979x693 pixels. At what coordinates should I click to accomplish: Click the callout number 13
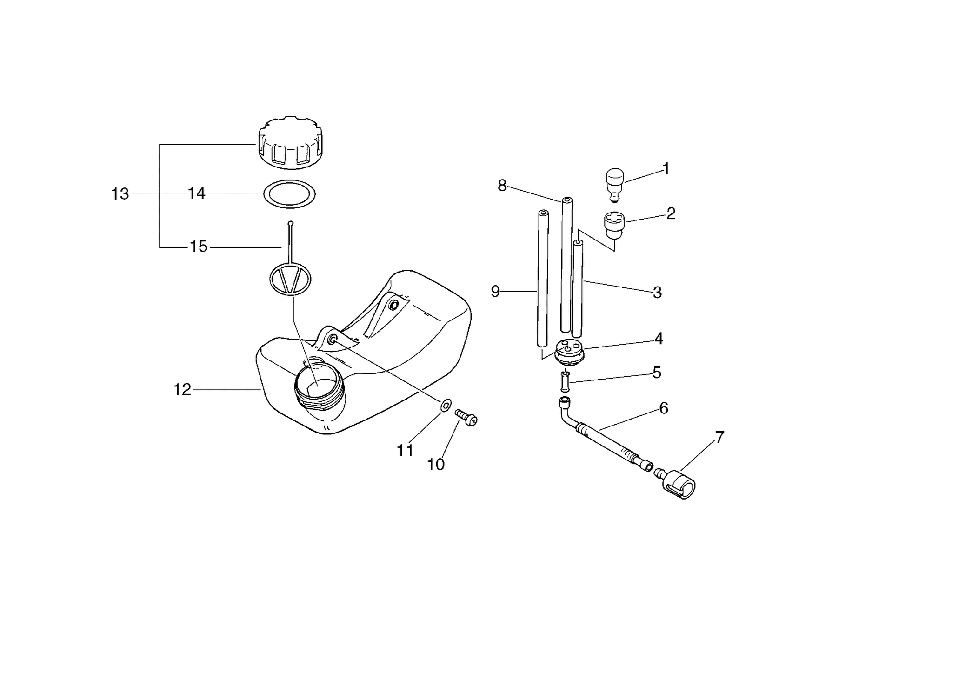(120, 194)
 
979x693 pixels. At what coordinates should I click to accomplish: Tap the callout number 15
(199, 247)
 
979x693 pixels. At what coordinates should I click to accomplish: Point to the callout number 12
(182, 390)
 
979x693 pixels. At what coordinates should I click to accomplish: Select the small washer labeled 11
(445, 405)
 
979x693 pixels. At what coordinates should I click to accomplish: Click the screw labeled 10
(466, 417)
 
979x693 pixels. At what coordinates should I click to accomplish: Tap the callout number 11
(405, 451)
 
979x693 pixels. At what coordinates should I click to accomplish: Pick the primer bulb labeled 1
(615, 185)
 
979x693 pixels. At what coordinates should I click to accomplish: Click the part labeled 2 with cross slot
(614, 225)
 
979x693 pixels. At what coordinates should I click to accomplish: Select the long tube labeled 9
(542, 278)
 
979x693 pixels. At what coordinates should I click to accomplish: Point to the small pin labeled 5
(565, 381)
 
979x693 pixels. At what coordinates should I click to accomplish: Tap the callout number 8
(502, 186)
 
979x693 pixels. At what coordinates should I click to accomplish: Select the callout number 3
(657, 293)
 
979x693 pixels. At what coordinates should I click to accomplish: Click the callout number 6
(664, 408)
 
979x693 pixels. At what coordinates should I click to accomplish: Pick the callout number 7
(719, 438)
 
